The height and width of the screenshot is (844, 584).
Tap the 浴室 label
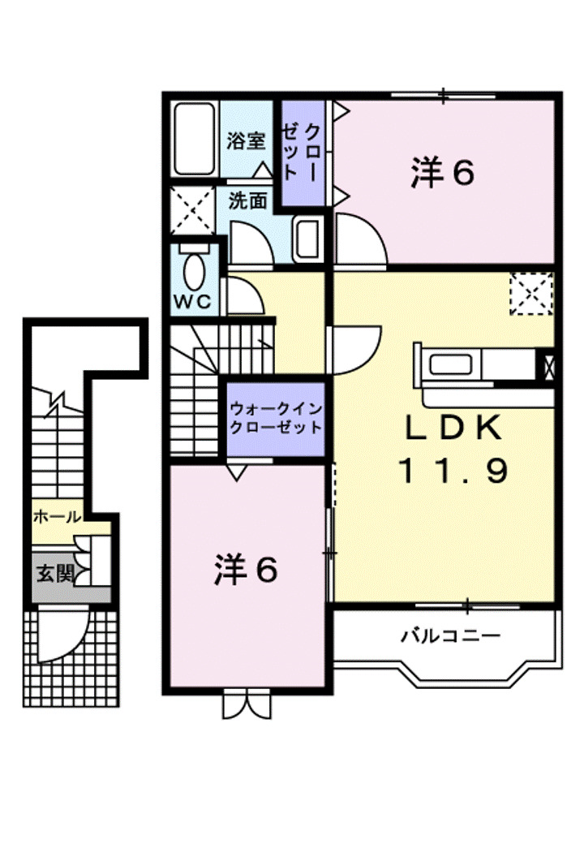coord(246,140)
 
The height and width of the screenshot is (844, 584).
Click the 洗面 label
coord(247,200)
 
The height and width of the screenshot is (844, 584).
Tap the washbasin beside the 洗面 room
coord(307,239)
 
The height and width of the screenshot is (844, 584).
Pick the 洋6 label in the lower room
coord(247,570)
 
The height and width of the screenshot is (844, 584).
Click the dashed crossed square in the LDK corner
coord(531,294)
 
